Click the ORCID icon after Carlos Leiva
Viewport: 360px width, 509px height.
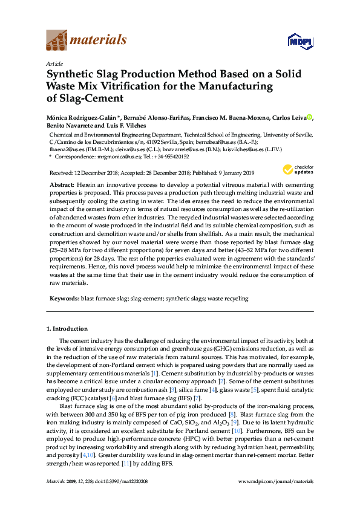pyautogui.click(x=310, y=117)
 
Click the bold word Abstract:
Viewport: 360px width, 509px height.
pyautogui.click(x=62, y=184)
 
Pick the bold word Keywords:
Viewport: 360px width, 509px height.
pyautogui.click(x=64, y=299)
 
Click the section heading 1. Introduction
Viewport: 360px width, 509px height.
pyautogui.click(x=67, y=329)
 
